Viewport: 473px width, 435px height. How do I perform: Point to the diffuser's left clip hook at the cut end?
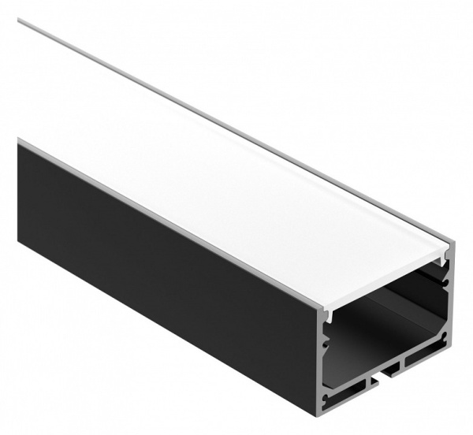(328, 316)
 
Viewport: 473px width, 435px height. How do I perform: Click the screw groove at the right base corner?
(446, 339)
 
